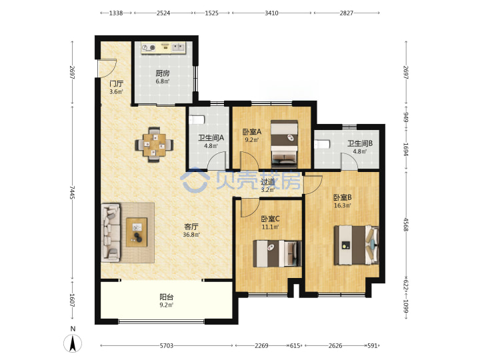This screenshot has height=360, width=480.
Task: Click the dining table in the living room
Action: pos(154,145)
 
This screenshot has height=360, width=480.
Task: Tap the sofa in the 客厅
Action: pos(111,233)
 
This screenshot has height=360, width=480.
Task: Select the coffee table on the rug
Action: pos(137,232)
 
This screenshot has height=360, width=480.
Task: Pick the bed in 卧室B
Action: pos(356,245)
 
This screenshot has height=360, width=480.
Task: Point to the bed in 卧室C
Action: pos(277,253)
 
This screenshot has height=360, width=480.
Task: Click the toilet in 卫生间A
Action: pos(197,120)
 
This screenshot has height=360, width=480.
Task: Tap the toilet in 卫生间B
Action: pos(322,144)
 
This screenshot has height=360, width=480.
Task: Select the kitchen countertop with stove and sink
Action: pos(163,47)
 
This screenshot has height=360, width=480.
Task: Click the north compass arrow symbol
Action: pos(73,343)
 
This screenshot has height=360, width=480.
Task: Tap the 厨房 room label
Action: pos(162,73)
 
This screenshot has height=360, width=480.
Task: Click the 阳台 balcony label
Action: pos(167,297)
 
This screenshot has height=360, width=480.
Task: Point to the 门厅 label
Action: pos(116,83)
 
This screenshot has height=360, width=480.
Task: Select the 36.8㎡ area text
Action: pos(191,235)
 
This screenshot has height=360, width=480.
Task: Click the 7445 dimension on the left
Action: pos(72,193)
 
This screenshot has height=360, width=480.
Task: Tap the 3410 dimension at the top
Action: pos(271,13)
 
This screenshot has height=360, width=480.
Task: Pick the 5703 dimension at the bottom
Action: pos(166,345)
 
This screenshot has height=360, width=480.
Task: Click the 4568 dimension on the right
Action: pos(406,225)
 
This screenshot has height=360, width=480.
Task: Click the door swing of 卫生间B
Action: pos(349,161)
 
